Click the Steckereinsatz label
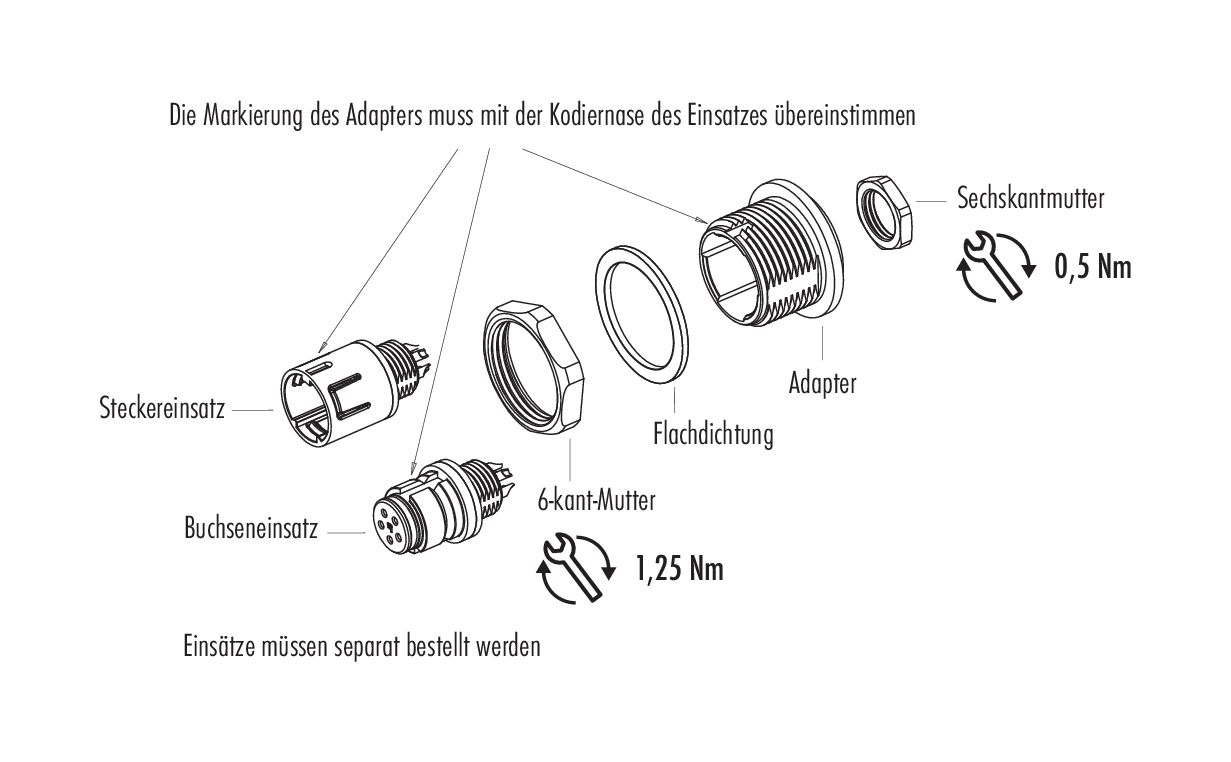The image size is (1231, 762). pyautogui.click(x=162, y=408)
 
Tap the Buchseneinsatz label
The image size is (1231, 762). pyautogui.click(x=251, y=528)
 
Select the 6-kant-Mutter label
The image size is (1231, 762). pyautogui.click(x=597, y=500)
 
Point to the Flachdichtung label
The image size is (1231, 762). pyautogui.click(x=713, y=435)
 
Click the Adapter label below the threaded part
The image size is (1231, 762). pyautogui.click(x=822, y=382)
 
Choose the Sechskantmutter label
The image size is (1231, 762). pyautogui.click(x=1030, y=198)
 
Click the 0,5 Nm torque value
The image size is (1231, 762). pyautogui.click(x=1093, y=268)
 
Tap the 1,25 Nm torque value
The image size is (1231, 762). pyautogui.click(x=678, y=570)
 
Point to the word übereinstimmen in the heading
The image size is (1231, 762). pyautogui.click(x=845, y=115)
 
